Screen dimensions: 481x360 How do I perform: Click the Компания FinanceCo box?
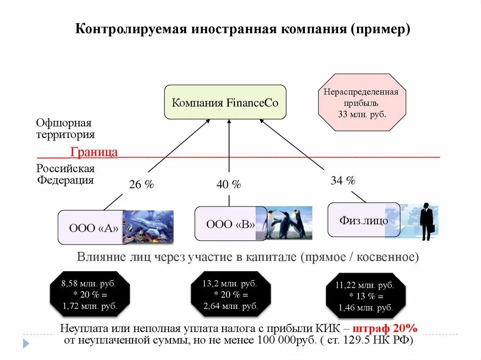click(x=225, y=102)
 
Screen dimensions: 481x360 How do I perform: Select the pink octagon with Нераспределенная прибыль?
click(x=361, y=102)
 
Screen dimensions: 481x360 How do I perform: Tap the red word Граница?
click(x=94, y=152)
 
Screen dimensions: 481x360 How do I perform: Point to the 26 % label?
click(x=141, y=185)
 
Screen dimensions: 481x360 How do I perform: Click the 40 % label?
click(x=229, y=185)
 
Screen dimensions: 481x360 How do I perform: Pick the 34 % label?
click(x=343, y=181)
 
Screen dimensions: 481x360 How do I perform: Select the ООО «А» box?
click(x=92, y=228)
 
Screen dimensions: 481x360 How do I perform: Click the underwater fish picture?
click(x=149, y=226)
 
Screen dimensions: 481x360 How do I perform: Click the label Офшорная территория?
click(x=65, y=129)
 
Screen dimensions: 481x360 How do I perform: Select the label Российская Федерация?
click(x=65, y=174)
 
